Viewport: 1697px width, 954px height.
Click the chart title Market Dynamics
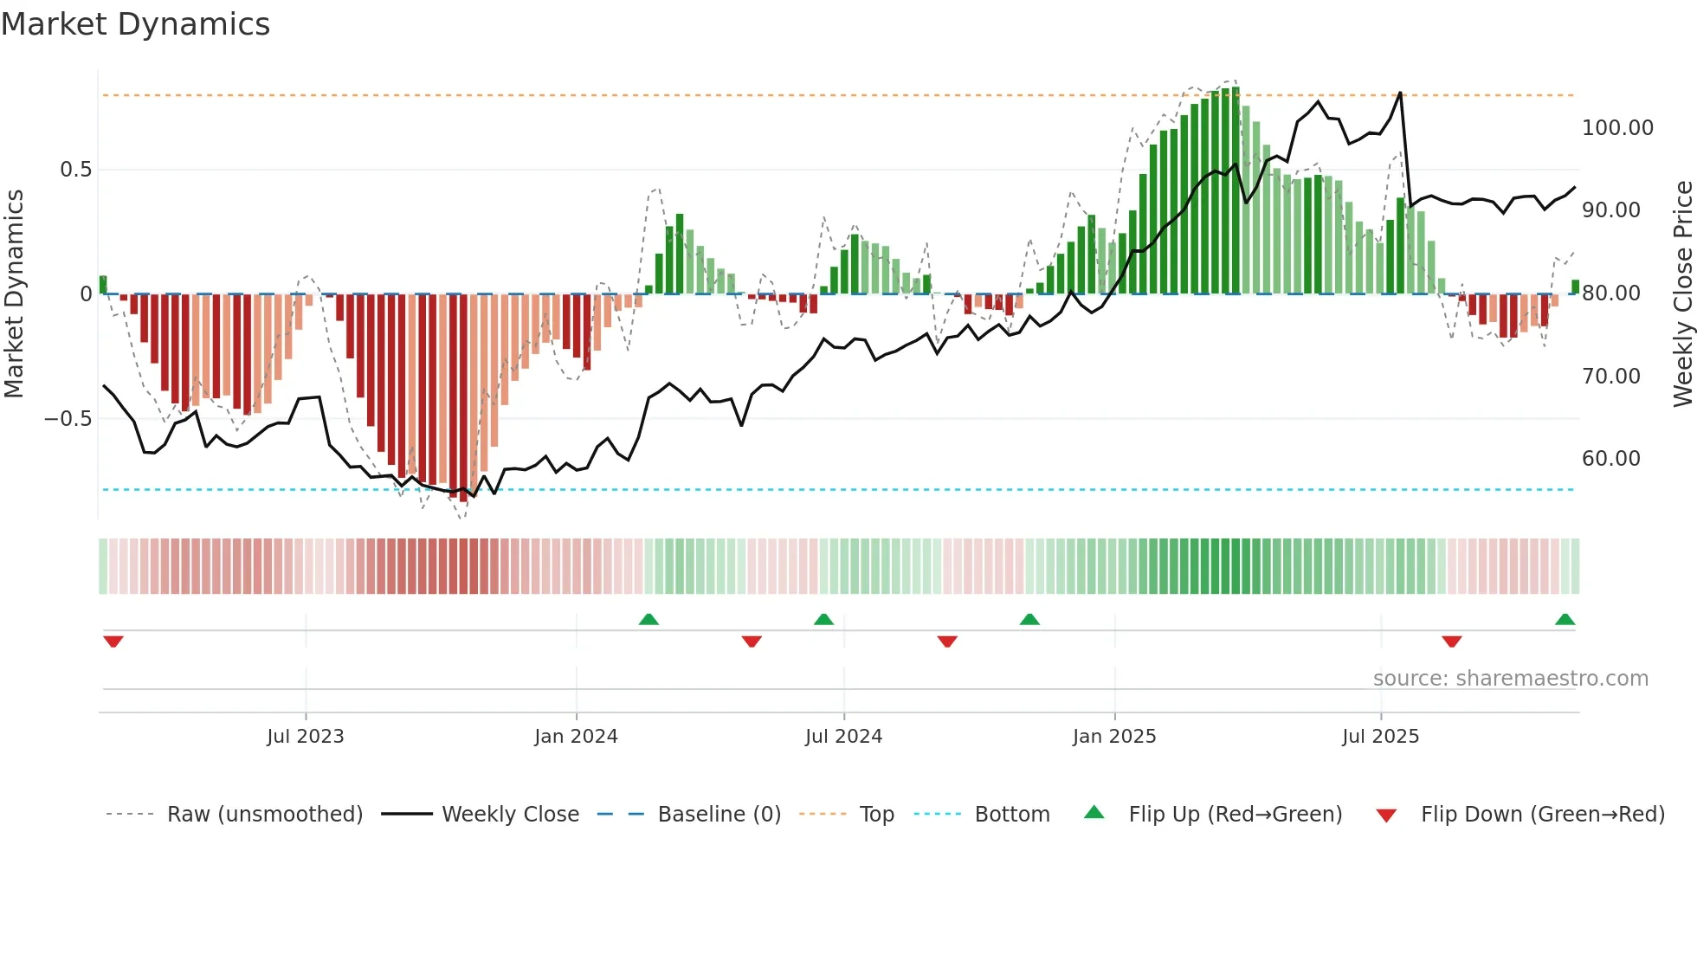136,24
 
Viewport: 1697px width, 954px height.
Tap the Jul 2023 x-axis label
305,737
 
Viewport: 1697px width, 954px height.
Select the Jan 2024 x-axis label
576,737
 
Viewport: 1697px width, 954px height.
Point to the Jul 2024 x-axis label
843,737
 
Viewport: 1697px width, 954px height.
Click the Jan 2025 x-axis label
1114,737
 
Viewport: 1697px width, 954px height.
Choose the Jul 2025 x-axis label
1380,737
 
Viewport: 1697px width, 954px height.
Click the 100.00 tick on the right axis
1616,128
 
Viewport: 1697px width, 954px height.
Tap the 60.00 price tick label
1610,459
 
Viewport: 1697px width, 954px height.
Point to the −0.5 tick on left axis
68,419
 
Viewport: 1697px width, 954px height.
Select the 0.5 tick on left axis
75,170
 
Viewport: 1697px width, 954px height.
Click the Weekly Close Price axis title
1682,294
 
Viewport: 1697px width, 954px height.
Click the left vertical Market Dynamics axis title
14,294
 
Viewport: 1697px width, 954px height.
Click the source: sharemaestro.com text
1510,679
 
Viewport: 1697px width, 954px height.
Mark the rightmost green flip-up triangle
1565,620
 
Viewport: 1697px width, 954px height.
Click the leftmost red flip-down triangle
113,641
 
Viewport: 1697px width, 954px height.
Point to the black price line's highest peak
1400,93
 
